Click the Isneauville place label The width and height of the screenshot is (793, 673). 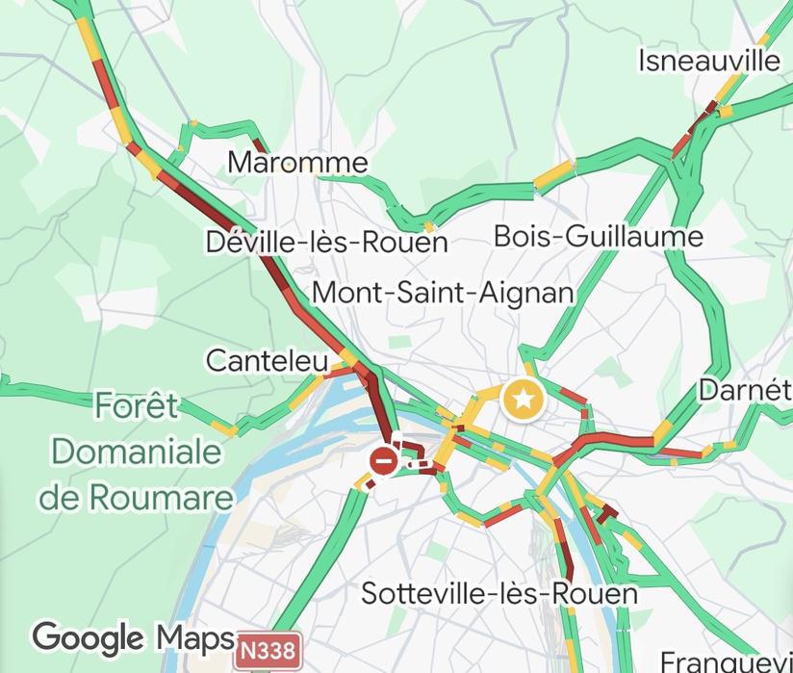[709, 61]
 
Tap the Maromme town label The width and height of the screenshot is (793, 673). [297, 162]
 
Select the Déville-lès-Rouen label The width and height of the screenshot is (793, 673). [327, 242]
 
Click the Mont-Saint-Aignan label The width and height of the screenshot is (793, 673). [444, 292]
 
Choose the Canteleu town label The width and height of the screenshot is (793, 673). [267, 361]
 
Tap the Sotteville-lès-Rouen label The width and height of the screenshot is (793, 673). [499, 593]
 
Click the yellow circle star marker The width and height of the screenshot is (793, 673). [523, 399]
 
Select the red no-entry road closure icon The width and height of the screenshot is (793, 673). [384, 461]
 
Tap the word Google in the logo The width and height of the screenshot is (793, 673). [88, 638]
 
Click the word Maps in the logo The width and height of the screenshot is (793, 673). [195, 637]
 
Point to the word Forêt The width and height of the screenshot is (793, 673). [137, 407]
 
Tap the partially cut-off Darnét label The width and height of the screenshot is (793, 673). [745, 390]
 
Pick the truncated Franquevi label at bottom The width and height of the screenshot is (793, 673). [726, 661]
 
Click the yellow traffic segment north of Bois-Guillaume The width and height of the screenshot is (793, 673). [553, 174]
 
